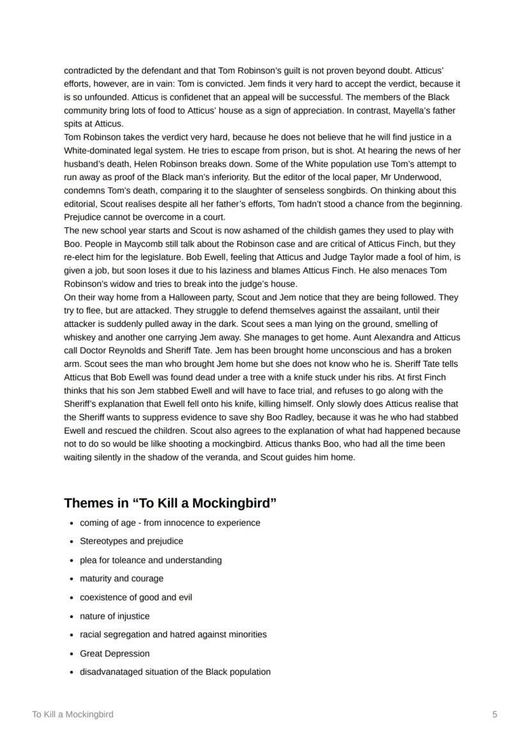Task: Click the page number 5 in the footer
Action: [x=494, y=714]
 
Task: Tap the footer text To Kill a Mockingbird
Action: [x=73, y=714]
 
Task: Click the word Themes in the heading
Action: [x=88, y=503]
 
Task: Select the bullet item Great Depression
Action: [x=114, y=653]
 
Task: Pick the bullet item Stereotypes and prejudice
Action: [x=131, y=541]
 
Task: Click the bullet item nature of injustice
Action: [x=114, y=616]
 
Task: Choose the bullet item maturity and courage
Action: [x=121, y=578]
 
